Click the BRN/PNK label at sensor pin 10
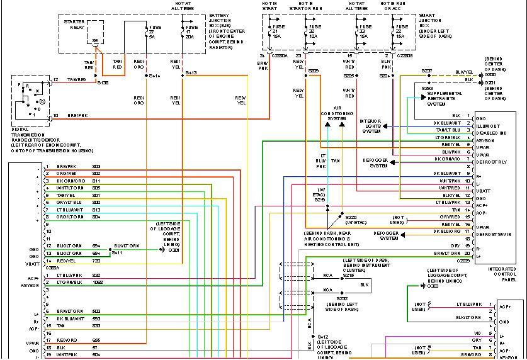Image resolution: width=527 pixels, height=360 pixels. [x=77, y=115]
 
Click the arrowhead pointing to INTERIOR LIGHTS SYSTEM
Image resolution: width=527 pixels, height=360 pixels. [x=385, y=126]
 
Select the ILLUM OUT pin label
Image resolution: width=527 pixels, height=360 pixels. [x=489, y=125]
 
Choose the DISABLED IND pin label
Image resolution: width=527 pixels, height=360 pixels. [x=491, y=133]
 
